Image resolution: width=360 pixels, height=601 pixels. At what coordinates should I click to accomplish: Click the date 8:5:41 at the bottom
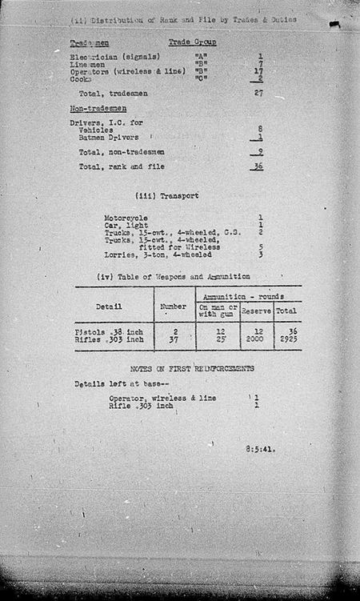pos(260,449)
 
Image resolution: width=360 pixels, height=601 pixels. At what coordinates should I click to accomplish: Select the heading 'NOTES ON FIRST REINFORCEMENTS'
pos(186,368)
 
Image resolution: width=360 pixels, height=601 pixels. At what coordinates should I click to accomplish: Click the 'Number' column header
pos(174,305)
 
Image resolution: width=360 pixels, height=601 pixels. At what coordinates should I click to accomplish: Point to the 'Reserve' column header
pos(256,310)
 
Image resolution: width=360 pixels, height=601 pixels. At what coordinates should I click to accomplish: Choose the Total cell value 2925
pos(286,340)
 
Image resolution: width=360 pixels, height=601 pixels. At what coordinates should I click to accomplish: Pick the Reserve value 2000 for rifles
pos(256,340)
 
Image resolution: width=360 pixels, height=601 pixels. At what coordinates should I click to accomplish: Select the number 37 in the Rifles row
pos(174,340)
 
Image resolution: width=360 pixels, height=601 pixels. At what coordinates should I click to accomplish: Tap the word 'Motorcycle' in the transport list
pos(126,217)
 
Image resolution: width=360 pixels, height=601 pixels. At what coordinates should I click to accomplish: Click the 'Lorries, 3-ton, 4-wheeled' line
pos(158,255)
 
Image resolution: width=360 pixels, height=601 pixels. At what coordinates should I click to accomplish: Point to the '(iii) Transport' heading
pos(167,195)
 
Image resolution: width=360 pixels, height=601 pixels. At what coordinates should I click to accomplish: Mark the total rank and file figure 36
pos(258,166)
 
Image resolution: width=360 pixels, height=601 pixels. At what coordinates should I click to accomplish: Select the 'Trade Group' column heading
pos(192,42)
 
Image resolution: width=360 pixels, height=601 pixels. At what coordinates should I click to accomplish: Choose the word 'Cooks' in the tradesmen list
pos(81,79)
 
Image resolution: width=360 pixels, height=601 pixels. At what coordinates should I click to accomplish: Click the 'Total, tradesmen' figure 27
pos(258,94)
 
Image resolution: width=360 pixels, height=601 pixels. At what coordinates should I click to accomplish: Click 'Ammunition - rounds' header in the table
pos(247,296)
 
